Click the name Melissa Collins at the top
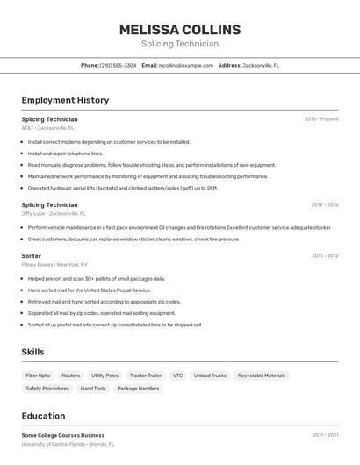tap(179, 30)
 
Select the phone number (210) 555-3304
tap(118, 65)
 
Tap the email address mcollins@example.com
tap(185, 65)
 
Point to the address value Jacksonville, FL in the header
tap(261, 65)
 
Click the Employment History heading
tap(65, 100)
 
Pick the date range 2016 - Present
tap(320, 118)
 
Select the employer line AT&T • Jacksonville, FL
tap(47, 128)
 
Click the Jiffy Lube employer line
tap(54, 213)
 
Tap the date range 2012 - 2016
tap(324, 204)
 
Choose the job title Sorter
tap(32, 255)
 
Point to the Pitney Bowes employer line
tap(55, 264)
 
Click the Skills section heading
tap(33, 352)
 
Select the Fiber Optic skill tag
tap(38, 376)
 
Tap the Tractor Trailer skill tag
tap(145, 376)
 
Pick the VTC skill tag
tap(177, 376)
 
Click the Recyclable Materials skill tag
tap(262, 376)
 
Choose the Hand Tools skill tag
tap(93, 388)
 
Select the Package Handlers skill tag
tap(138, 388)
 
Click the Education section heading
tap(43, 416)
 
